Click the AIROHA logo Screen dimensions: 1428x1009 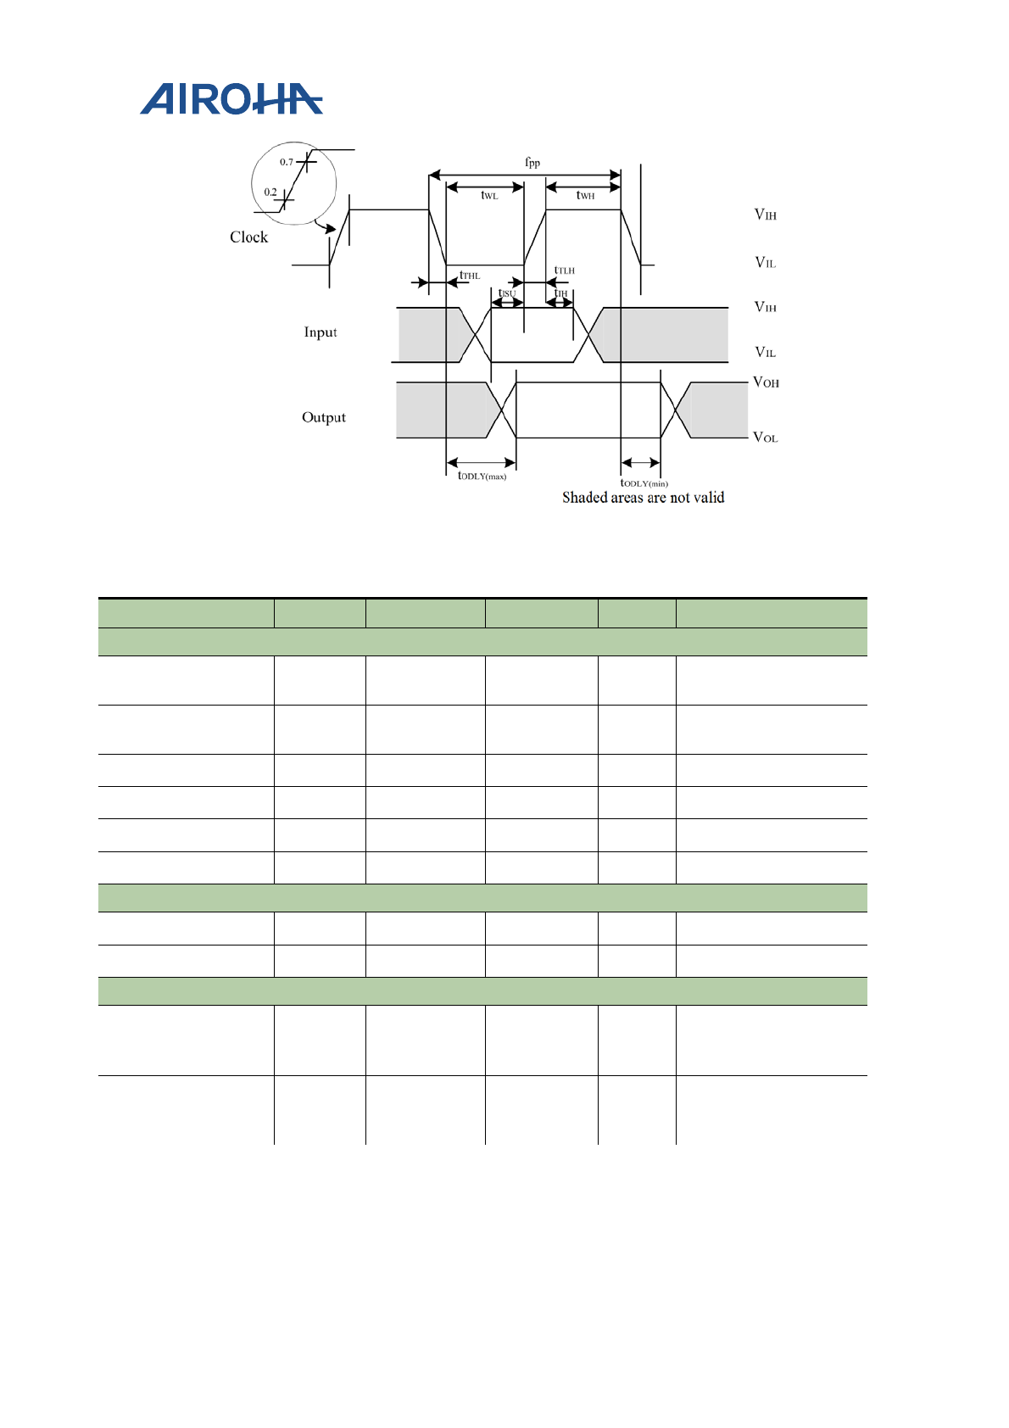[x=231, y=99]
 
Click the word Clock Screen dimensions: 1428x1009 [x=248, y=237]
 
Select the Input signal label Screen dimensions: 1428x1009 [x=321, y=332]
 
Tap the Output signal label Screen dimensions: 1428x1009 [x=324, y=417]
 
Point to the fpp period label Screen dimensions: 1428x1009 [x=532, y=162]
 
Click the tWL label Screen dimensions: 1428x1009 [x=489, y=196]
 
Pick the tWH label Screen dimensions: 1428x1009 [x=585, y=196]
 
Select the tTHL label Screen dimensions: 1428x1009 [x=470, y=276]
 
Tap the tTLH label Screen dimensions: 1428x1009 [x=564, y=271]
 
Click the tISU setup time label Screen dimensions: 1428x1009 [x=506, y=293]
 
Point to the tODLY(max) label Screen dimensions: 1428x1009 [x=482, y=477]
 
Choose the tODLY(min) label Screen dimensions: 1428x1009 [x=644, y=483]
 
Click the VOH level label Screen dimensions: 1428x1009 [x=766, y=382]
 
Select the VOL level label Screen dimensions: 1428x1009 [x=766, y=438]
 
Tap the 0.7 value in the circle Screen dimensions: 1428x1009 [x=287, y=162]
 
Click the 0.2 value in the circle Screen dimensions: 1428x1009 [x=270, y=192]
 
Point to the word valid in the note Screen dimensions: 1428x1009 [x=708, y=498]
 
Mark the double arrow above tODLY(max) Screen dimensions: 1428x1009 [x=481, y=463]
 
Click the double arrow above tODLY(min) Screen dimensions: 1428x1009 [x=640, y=463]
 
